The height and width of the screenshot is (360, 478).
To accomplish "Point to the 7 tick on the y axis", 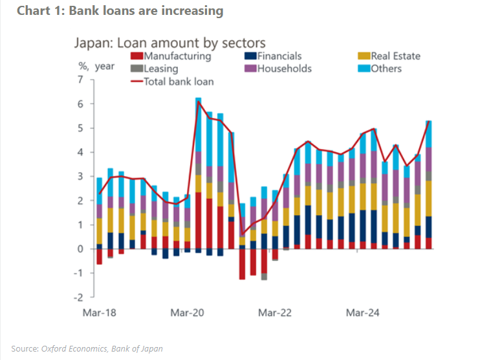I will [x=80, y=80].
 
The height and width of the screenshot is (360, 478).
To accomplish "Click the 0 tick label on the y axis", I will [x=80, y=249].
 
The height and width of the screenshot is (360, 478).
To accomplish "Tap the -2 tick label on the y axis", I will [x=78, y=298].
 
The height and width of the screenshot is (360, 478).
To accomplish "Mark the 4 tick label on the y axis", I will [x=80, y=153].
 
